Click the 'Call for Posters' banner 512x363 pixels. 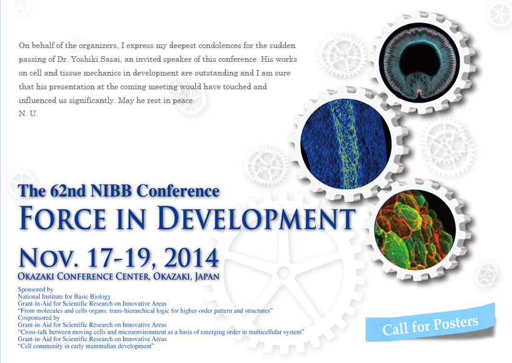click(430, 322)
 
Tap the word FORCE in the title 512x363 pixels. click(62, 217)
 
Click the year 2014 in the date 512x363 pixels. click(191, 258)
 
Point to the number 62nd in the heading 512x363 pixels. click(68, 191)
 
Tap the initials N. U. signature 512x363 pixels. click(28, 114)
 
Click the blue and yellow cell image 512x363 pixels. click(346, 144)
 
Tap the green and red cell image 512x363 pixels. click(415, 230)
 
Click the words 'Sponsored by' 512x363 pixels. click(36, 289)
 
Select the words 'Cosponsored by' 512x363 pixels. click(39, 317)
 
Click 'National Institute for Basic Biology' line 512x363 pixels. click(64, 297)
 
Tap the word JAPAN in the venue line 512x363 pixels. click(207, 277)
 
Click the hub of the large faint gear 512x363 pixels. click(283, 273)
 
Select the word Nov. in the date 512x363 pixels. click(49, 258)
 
